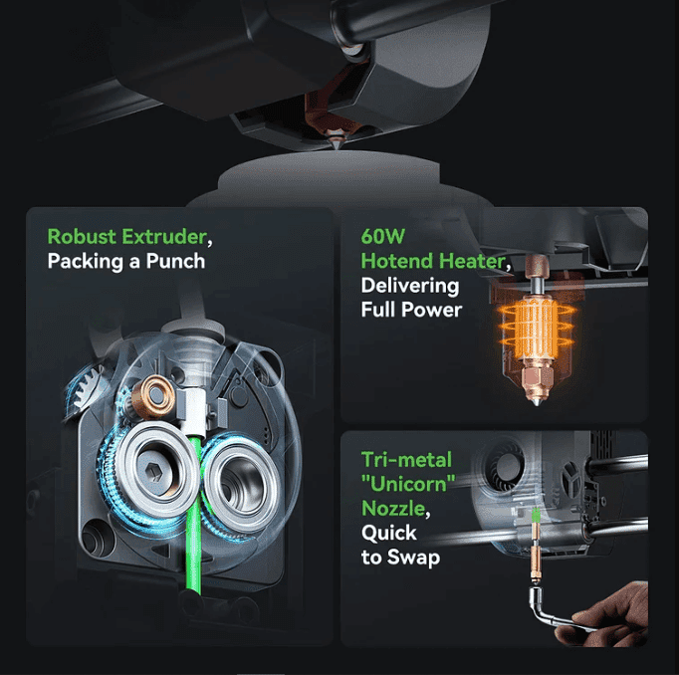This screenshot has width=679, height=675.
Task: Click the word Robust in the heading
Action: [82, 236]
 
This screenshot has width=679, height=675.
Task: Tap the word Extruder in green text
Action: [164, 236]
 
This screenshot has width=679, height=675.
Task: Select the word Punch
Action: [175, 261]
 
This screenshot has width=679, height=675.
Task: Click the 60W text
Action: [382, 236]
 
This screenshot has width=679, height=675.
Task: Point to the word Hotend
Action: [397, 261]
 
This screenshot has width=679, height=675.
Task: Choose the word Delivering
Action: [410, 286]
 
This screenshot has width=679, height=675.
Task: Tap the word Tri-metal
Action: [406, 459]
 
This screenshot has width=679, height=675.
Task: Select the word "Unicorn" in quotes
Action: [408, 483]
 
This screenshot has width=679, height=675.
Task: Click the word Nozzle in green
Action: [393, 509]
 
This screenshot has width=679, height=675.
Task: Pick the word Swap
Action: [413, 558]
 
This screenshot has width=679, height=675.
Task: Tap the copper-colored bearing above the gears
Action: [153, 395]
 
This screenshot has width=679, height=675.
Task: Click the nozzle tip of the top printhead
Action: [336, 146]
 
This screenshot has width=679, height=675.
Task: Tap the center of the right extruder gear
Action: [241, 484]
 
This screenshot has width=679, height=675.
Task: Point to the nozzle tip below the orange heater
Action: [537, 401]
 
